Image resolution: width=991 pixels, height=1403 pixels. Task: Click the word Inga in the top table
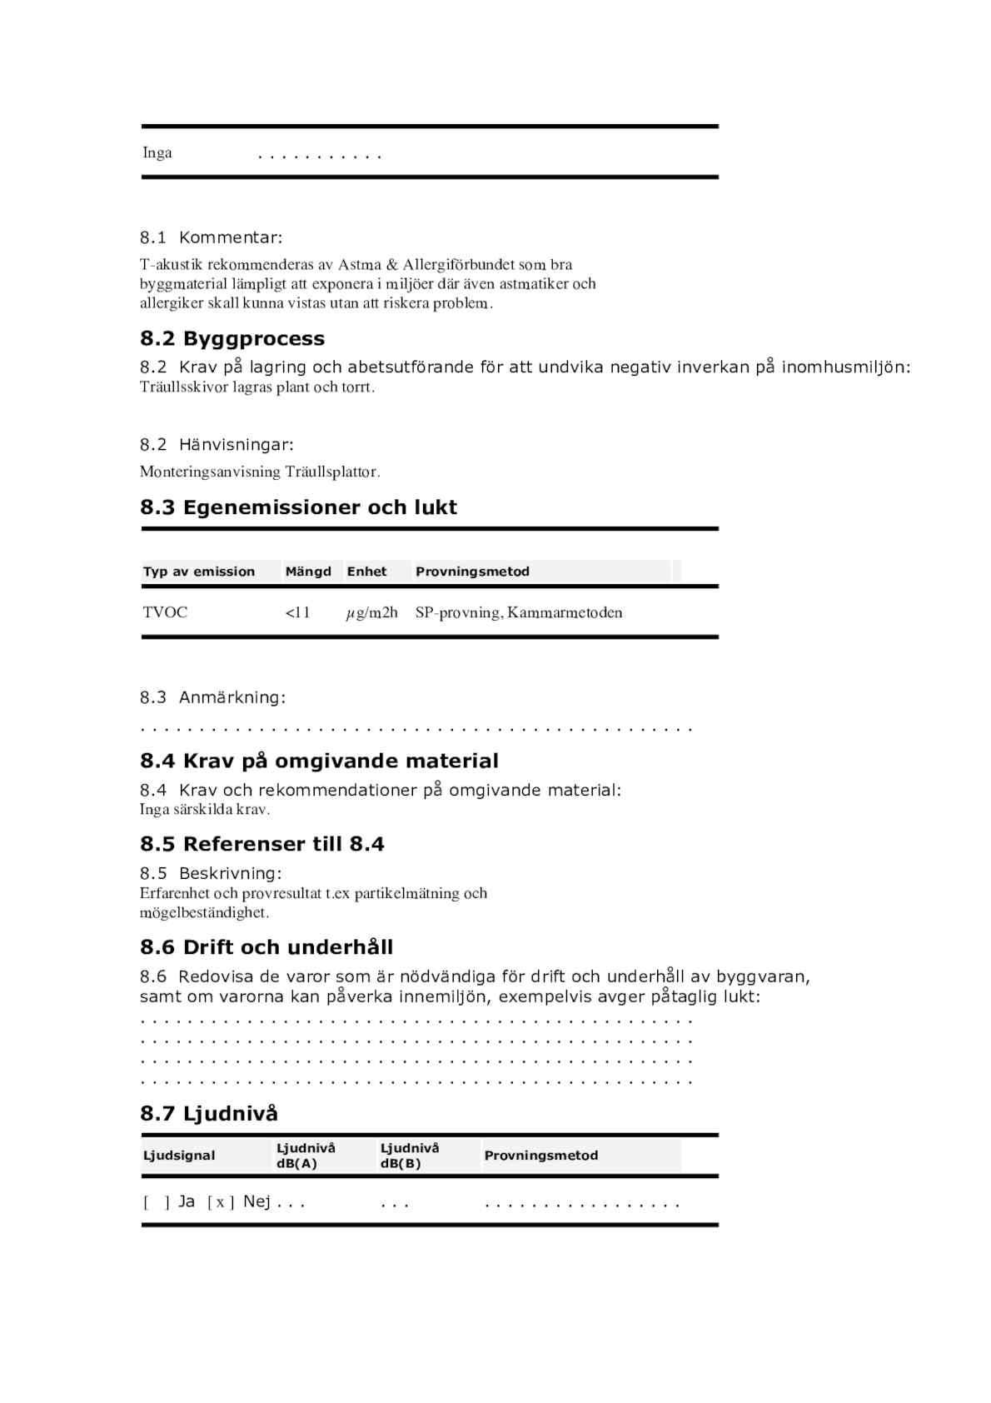[157, 152]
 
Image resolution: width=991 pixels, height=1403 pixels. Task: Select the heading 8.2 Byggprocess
[232, 338]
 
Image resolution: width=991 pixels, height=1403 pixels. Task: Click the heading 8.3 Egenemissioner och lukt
[298, 507]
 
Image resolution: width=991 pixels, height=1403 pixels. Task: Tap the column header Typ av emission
[199, 572]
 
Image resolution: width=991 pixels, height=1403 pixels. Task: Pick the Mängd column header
[308, 572]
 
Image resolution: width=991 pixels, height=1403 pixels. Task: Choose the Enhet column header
[366, 572]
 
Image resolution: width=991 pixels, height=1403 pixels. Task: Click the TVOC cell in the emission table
[165, 612]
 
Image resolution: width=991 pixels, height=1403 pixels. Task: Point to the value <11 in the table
[297, 613]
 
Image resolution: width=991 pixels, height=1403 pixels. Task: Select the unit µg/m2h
[371, 613]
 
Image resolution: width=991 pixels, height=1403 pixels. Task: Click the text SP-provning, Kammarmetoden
[519, 613]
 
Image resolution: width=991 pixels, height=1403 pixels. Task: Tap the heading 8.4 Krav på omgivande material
[319, 761]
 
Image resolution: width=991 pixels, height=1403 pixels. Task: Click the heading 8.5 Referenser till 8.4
[262, 844]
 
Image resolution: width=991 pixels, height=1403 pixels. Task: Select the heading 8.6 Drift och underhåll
[266, 947]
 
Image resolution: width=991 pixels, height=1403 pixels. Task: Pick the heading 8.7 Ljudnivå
[209, 1113]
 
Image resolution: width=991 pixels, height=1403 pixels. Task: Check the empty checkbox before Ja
[157, 1202]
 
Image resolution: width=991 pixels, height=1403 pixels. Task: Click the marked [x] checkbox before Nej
[221, 1202]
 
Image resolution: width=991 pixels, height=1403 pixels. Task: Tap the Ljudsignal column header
[179, 1156]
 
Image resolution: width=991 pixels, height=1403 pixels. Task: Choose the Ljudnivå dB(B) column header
[410, 1156]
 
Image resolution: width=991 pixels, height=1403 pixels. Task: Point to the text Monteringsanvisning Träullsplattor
[260, 472]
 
